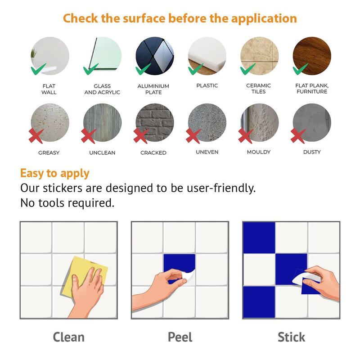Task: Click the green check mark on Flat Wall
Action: click(x=38, y=69)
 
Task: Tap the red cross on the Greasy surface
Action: click(x=36, y=136)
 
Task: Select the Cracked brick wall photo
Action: click(x=155, y=122)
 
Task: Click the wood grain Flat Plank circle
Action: click(x=312, y=56)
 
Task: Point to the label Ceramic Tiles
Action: click(x=258, y=89)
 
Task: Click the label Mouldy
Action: click(x=259, y=152)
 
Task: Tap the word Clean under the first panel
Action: click(x=69, y=337)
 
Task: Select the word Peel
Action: click(x=180, y=337)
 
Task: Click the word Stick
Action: click(x=291, y=337)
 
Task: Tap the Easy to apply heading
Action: click(x=54, y=173)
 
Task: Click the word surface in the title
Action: click(x=144, y=18)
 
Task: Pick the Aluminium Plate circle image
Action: click(x=155, y=56)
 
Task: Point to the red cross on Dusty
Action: click(x=298, y=136)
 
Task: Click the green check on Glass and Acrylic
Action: click(x=91, y=69)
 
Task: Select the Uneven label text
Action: click(x=207, y=152)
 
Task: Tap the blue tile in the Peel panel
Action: click(x=179, y=266)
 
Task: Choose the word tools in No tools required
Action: click(x=51, y=203)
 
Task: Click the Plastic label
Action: click(x=207, y=85)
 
